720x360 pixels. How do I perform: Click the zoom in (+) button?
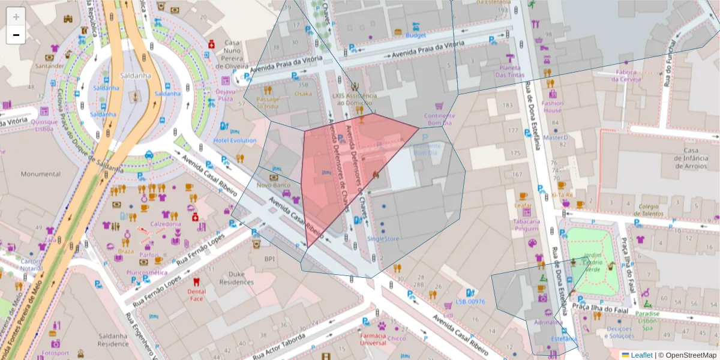16,17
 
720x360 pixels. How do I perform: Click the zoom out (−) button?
16,35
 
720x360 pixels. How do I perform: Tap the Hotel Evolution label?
235,141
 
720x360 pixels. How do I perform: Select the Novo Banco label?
274,185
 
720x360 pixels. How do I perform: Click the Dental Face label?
197,295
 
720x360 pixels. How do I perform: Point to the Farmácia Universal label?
373,340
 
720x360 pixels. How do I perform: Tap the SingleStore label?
383,239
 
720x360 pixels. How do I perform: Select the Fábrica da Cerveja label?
626,76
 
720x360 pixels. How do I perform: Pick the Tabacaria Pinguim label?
526,225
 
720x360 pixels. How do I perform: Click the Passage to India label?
268,103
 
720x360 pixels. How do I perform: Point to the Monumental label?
41,174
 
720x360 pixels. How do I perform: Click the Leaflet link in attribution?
641,355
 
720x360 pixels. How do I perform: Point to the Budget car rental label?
415,35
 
